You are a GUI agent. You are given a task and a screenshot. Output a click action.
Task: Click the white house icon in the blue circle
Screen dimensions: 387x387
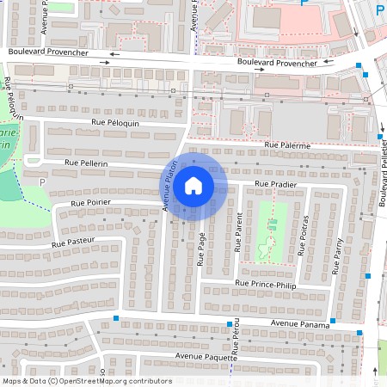click(x=193, y=185)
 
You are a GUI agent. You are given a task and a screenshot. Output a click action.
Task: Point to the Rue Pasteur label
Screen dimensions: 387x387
click(x=76, y=244)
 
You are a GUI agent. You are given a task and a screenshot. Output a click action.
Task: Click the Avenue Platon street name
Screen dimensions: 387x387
click(x=170, y=185)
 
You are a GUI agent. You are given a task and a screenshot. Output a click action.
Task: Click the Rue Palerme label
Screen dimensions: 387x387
click(x=287, y=146)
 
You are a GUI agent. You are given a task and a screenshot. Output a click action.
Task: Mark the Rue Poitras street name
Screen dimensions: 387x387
click(x=302, y=243)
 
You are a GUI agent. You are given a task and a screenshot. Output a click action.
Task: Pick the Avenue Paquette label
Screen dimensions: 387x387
click(x=202, y=355)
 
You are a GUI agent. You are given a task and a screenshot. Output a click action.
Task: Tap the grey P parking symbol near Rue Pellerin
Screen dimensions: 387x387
click(x=41, y=181)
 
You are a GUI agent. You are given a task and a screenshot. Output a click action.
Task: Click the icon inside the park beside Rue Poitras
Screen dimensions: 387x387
click(x=273, y=225)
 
